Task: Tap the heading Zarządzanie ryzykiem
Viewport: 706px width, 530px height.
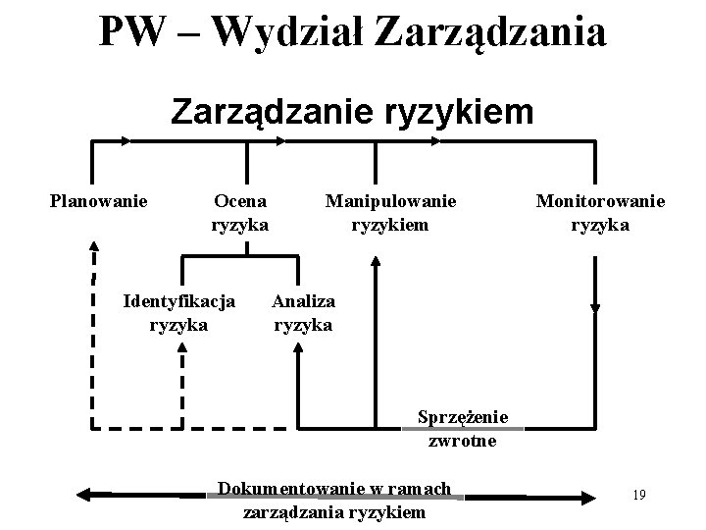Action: tap(353, 111)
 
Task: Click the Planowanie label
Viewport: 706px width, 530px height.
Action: tap(99, 201)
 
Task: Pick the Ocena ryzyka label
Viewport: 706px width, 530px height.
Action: tap(241, 213)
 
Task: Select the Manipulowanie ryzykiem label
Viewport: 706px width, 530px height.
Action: tap(391, 213)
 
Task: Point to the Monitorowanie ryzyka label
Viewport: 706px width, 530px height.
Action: tap(600, 213)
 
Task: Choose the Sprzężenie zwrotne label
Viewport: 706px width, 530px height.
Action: tap(462, 429)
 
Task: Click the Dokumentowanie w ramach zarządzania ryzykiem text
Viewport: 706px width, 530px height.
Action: tap(334, 500)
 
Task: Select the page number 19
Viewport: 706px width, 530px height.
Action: tap(638, 494)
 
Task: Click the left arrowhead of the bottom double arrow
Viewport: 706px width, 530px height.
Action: tap(85, 496)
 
